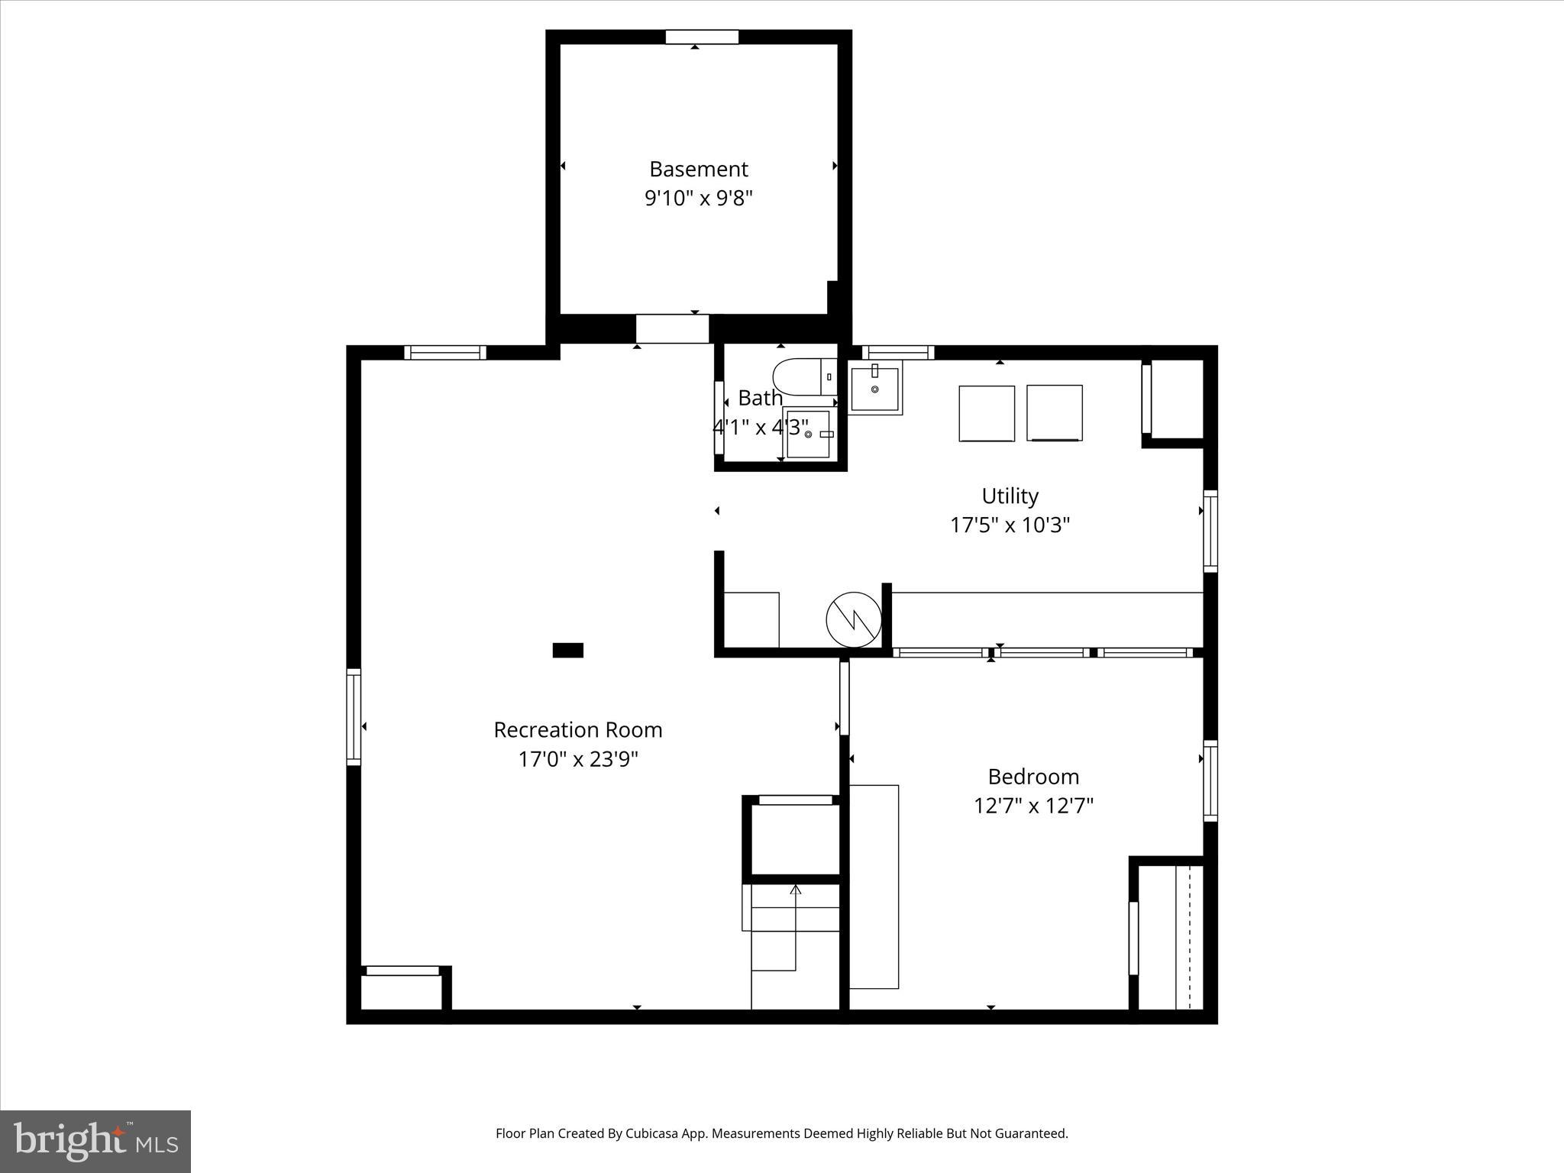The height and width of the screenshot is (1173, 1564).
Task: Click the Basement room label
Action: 698,169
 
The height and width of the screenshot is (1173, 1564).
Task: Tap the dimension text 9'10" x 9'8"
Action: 698,199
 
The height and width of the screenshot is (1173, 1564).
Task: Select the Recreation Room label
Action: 577,730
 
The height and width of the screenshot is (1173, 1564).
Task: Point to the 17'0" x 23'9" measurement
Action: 577,760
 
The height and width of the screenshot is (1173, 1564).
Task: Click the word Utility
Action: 1010,496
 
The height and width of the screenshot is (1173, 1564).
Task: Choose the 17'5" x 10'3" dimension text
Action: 1010,525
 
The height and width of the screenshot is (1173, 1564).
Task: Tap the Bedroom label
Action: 1033,777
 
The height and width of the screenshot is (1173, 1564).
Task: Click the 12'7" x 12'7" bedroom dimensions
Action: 1033,806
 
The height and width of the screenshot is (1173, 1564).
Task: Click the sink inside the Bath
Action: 808,434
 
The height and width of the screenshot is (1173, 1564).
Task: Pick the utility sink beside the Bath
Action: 875,388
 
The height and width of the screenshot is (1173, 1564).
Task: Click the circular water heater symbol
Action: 854,619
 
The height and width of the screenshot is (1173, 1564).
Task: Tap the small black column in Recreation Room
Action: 567,650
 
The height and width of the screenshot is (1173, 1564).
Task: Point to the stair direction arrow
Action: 796,890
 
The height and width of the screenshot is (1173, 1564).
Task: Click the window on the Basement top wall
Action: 701,37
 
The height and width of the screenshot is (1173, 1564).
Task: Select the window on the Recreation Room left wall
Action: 353,716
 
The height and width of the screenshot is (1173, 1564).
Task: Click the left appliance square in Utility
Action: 986,413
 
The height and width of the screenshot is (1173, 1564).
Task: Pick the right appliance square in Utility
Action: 1054,413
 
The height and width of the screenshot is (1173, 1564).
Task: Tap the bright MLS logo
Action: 95,1142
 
